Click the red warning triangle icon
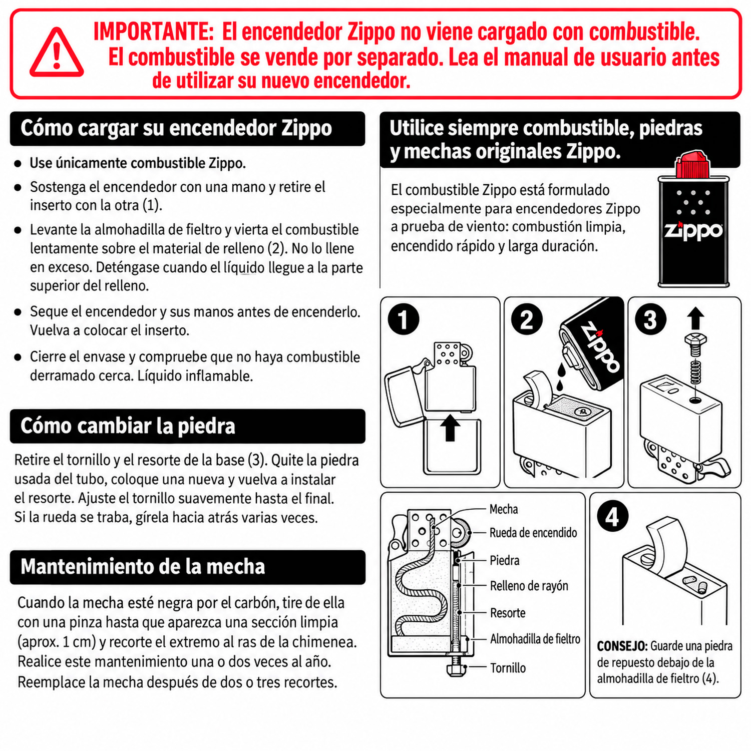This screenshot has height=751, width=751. click(57, 53)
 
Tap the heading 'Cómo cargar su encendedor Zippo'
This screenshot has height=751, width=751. click(176, 128)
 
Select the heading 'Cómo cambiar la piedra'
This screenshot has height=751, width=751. click(128, 426)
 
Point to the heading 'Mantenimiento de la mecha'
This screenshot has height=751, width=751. click(143, 567)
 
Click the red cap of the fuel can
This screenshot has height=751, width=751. click(693, 164)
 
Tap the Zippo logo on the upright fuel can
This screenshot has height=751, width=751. click(693, 231)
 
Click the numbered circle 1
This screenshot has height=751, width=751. click(404, 319)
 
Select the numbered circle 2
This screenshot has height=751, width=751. click(527, 319)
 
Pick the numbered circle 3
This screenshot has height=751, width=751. click(650, 319)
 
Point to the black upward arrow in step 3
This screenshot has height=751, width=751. click(695, 318)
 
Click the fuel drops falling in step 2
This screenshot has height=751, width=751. click(561, 377)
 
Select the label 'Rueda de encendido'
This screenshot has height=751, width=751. click(533, 533)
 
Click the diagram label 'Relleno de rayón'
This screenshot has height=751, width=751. click(529, 586)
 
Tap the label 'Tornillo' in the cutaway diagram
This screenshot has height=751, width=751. click(508, 668)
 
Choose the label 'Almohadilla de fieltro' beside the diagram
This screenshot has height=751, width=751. click(535, 639)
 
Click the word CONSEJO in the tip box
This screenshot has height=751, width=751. click(622, 646)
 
